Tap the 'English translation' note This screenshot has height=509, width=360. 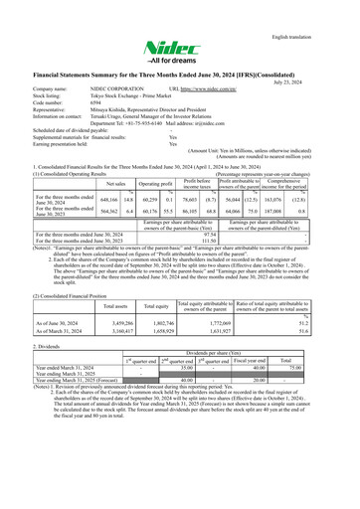click(x=318, y=11)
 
